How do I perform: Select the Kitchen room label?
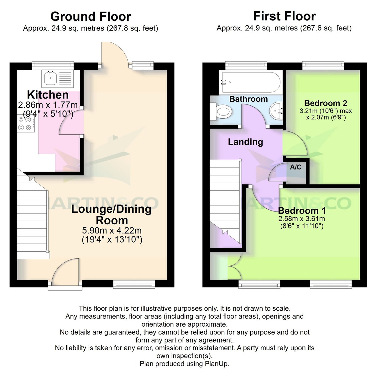48,95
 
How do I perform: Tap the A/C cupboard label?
295,167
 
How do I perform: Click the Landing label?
245,142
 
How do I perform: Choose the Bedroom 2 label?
326,103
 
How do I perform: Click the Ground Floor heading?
91,16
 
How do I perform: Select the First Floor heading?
284,16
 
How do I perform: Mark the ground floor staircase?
31,217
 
